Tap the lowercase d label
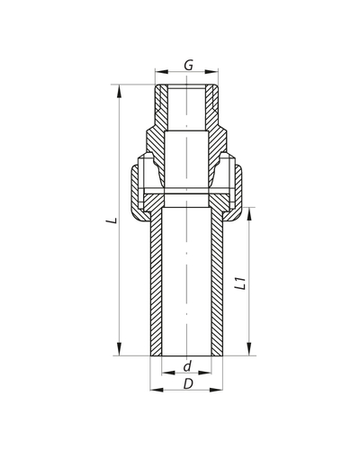tap(187, 366)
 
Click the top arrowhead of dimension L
tap(118, 87)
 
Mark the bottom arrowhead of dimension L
tap(118, 355)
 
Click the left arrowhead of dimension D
tap(151, 391)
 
